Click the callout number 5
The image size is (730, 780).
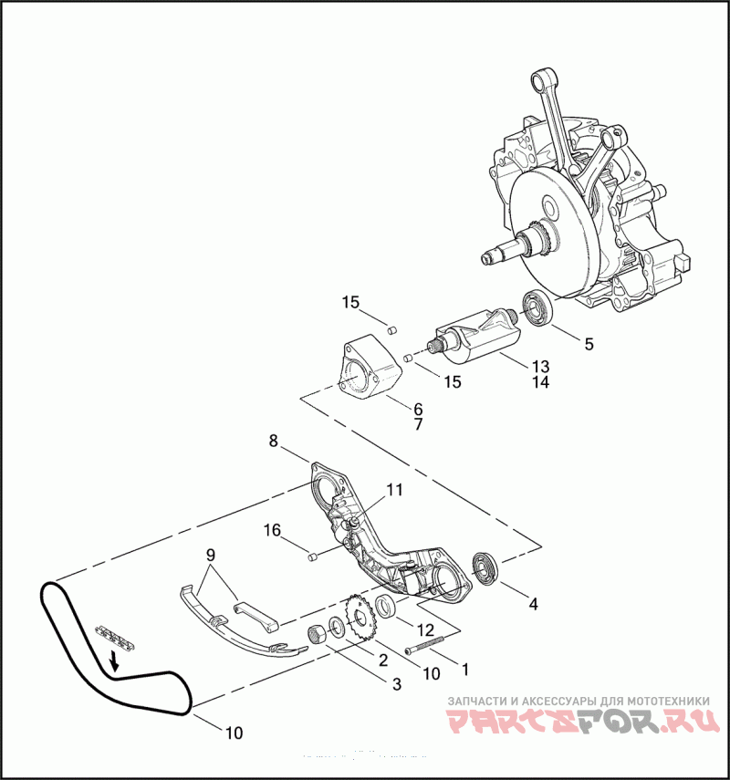click(589, 344)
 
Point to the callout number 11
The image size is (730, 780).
click(393, 490)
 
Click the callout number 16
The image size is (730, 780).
click(273, 530)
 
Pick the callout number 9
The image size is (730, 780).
click(211, 554)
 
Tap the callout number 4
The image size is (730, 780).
click(533, 603)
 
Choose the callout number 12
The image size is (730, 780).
click(425, 630)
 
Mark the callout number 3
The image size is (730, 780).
click(396, 683)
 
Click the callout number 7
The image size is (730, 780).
click(418, 424)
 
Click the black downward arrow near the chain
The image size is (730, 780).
click(114, 659)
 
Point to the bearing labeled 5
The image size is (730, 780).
click(536, 308)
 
